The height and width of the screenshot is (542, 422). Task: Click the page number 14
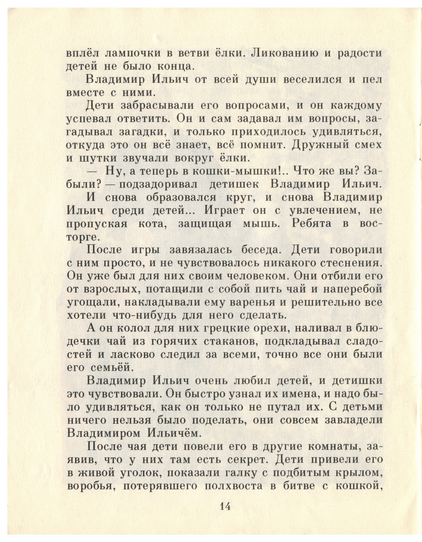pyautogui.click(x=225, y=506)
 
